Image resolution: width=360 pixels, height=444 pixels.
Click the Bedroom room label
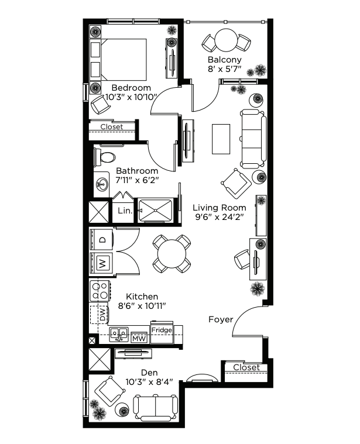point(131,88)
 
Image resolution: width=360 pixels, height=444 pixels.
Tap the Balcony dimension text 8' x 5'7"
point(224,69)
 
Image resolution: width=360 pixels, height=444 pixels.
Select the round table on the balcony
point(226,40)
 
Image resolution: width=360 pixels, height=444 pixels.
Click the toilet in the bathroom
point(105,157)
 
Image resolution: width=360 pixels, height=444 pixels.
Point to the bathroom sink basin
point(101,184)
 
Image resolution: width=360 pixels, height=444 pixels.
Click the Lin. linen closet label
point(125,211)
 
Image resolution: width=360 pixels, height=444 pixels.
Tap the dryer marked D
point(101,239)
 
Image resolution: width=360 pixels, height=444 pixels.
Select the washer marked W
point(101,264)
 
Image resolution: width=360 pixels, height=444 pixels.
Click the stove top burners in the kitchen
point(100,291)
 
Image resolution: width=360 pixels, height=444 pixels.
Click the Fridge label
point(162,330)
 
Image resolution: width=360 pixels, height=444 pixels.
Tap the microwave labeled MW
point(139,338)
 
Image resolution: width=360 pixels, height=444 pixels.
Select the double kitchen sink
point(119,335)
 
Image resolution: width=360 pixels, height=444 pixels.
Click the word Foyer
point(221,319)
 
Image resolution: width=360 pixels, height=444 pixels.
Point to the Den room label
point(149,373)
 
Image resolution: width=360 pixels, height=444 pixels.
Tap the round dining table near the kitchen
point(172,254)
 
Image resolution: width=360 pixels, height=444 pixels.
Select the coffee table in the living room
point(221,139)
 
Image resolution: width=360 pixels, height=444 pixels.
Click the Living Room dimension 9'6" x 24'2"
point(220,217)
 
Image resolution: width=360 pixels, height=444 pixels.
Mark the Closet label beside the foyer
point(246,367)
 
